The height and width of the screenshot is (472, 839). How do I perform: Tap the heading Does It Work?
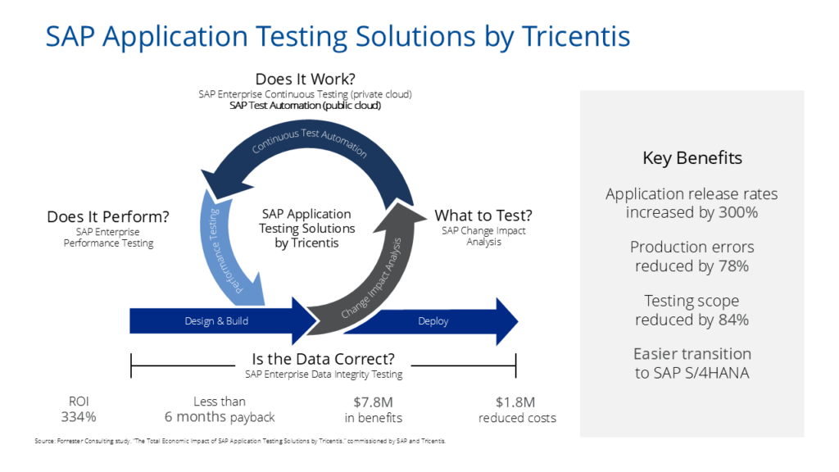(x=305, y=79)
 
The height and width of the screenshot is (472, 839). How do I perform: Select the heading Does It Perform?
(x=108, y=216)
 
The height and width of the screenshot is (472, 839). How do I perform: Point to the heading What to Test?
(x=483, y=216)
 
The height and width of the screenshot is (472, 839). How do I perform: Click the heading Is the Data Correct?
(x=324, y=359)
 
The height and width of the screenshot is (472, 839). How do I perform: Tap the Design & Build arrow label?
(x=216, y=321)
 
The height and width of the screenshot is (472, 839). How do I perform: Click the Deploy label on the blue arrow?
(x=433, y=321)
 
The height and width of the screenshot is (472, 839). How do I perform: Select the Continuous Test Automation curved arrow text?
(x=309, y=142)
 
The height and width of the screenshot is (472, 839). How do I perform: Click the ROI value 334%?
(x=79, y=417)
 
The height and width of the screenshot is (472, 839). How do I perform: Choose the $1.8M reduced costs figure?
(x=516, y=402)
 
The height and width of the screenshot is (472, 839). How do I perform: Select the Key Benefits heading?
(x=692, y=158)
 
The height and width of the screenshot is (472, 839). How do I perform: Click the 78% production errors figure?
(x=733, y=265)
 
